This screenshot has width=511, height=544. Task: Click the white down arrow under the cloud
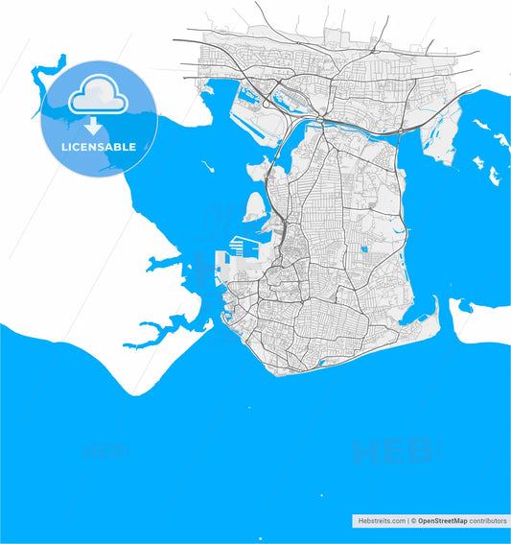pos(93,126)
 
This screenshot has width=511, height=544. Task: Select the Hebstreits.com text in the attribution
pos(381,520)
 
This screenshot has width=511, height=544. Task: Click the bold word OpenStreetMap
pos(441,520)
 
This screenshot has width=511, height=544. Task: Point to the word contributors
pos(487,520)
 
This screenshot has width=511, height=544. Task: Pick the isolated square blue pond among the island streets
pos(364,250)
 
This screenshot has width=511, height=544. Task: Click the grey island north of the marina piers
pos(255,204)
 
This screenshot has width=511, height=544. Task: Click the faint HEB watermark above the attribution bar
pos(393,450)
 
